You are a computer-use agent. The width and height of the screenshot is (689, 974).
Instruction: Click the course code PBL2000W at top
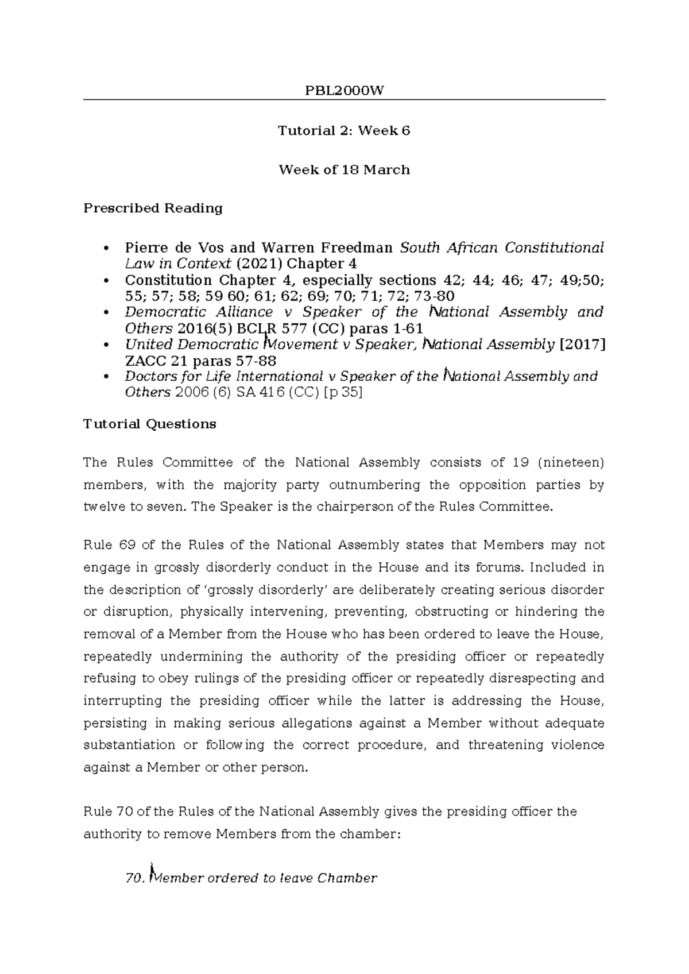tap(344, 91)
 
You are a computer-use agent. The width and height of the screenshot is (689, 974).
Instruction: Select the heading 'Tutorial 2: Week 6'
tap(344, 131)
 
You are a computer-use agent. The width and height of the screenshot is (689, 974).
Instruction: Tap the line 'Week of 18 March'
tap(344, 170)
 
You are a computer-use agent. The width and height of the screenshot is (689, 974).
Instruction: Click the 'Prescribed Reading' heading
tap(153, 208)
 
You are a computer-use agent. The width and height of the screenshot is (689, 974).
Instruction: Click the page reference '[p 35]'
tap(343, 393)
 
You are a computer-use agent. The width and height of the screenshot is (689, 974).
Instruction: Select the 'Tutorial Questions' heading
tap(150, 424)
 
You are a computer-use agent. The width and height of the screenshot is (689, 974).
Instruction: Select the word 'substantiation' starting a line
tap(129, 745)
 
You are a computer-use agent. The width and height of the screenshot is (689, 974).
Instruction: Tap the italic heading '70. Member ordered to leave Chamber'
tap(251, 878)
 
